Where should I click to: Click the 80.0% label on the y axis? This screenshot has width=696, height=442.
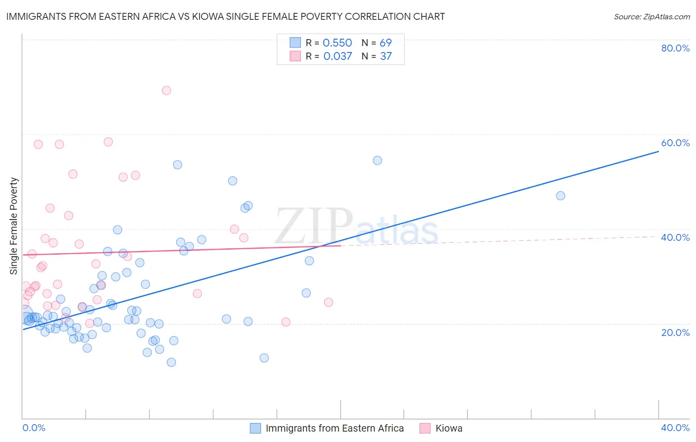coord(675,48)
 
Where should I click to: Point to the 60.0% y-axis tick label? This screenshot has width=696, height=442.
coord(675,143)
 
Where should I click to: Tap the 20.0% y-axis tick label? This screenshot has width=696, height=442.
coord(675,332)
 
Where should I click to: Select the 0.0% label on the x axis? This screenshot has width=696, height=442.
coord(34,428)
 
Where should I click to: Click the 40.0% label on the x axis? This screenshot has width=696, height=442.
coord(675,428)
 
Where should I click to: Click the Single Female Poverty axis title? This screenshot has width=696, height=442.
coord(14,226)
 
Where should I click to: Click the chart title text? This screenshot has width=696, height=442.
coord(225,16)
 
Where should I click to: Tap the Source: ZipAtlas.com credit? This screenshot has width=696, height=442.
coord(651,16)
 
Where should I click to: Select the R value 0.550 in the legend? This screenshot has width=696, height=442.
coord(337,43)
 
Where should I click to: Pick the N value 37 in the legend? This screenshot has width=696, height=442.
coord(386,56)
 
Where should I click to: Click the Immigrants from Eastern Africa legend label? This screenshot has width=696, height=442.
coord(335,428)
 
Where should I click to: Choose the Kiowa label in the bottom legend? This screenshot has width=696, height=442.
coord(448,428)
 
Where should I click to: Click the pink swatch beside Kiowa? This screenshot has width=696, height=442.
coord(425,428)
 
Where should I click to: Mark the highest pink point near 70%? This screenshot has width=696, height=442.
coord(166,90)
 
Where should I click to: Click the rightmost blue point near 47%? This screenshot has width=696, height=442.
coord(560,196)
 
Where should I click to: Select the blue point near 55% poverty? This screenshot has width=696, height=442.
coord(377,161)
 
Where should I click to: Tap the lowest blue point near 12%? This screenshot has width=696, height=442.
coord(171,362)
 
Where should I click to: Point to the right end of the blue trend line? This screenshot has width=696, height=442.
coord(658,151)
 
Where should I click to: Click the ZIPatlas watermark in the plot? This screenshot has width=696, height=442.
coord(356,227)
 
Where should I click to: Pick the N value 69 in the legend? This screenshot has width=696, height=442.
coord(386,43)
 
